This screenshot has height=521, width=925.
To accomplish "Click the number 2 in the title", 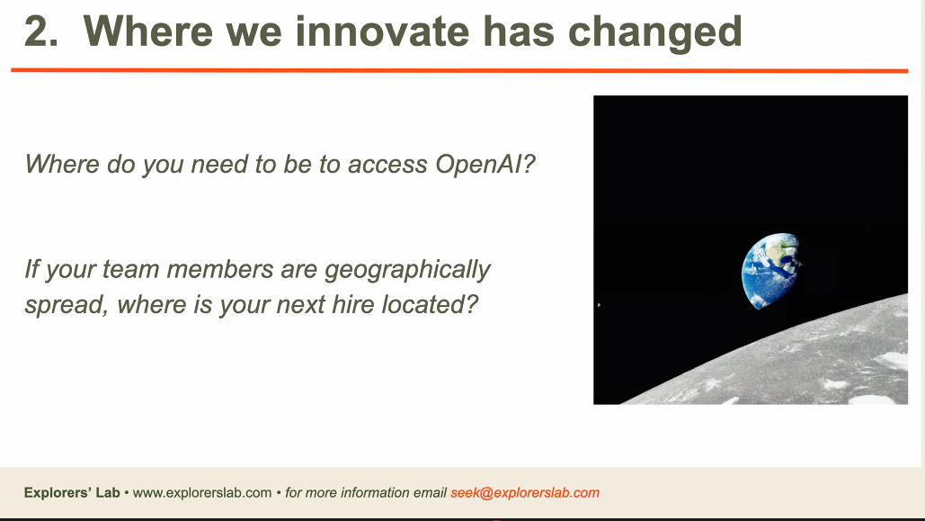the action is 37,31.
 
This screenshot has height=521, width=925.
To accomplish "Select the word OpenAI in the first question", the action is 478,164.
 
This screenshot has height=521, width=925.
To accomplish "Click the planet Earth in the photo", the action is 771,270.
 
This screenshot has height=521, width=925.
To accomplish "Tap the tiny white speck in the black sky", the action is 599,305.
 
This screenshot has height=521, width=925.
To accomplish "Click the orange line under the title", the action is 459,71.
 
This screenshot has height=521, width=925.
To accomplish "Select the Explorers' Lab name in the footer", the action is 72,492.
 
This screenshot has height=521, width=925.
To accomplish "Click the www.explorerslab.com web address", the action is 201,493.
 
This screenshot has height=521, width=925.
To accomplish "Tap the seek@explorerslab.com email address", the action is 525,493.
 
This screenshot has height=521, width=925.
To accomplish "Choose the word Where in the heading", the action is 148,31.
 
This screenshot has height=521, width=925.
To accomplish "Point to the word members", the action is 220,270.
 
